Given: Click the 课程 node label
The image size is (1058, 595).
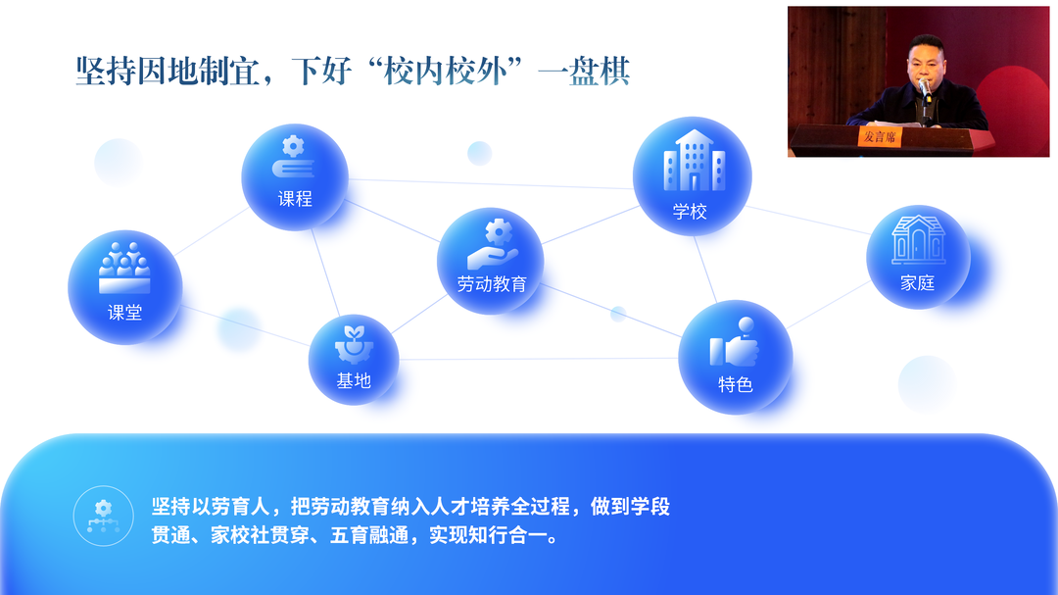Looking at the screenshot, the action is [295, 199].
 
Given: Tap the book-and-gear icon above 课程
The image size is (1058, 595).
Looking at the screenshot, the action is [293, 158].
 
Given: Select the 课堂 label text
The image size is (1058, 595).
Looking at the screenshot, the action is [124, 312].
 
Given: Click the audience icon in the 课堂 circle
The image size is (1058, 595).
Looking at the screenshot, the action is [124, 268].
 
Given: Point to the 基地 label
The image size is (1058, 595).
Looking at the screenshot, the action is [354, 381].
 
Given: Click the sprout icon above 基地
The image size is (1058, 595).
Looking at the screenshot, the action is [354, 344].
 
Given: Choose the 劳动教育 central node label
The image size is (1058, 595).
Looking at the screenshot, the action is [492, 284].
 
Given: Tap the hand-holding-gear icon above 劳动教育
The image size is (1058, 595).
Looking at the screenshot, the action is [493, 244].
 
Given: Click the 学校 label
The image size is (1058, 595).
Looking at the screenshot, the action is [690, 212].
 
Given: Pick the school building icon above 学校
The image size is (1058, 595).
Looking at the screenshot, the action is [694, 161].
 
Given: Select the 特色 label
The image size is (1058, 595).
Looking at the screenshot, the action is [735, 385].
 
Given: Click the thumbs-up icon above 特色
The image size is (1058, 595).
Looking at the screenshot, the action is [735, 342].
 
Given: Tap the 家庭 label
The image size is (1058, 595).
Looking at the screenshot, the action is [918, 283].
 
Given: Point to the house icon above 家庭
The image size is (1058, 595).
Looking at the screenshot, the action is [918, 240].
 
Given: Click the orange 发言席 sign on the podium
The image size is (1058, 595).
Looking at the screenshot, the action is [879, 136].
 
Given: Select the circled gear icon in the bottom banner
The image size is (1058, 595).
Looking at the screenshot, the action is [103, 516].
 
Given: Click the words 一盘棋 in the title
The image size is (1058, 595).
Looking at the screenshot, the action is [584, 72].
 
